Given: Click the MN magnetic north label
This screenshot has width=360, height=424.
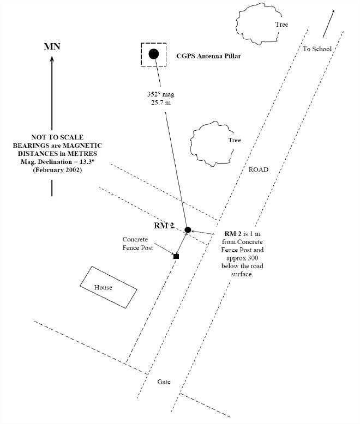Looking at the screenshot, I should pyautogui.click(x=52, y=46).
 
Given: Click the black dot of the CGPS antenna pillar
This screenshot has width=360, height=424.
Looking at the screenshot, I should pyautogui.click(x=154, y=53).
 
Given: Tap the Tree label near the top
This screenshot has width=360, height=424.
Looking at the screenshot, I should pyautogui.click(x=281, y=25).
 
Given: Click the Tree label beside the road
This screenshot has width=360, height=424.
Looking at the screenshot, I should pyautogui.click(x=235, y=140).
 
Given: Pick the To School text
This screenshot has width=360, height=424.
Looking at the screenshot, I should pyautogui.click(x=317, y=49).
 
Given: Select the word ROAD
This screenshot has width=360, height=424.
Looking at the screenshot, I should pyautogui.click(x=259, y=169).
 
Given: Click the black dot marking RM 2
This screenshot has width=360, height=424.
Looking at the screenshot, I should pyautogui.click(x=188, y=230).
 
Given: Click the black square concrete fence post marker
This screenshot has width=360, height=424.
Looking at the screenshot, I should pyautogui.click(x=176, y=256).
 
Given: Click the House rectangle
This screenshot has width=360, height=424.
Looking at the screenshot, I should pyautogui.click(x=107, y=287).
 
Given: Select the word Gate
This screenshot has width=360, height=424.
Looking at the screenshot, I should pyautogui.click(x=164, y=382).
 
